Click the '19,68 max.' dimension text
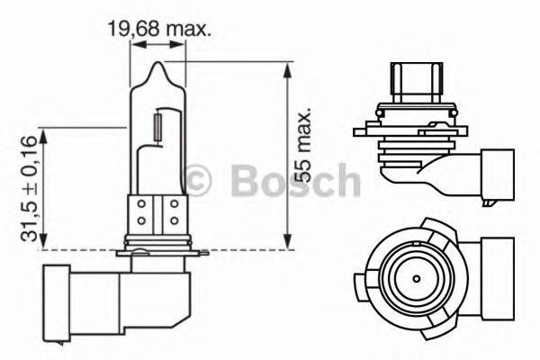(159, 30)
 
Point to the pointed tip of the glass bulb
(159, 65)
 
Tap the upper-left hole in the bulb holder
(142, 205)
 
